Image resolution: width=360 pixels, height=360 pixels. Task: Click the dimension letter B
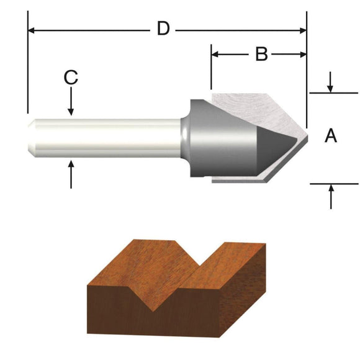[x=262, y=55]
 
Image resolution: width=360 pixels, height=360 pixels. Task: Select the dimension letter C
[x=71, y=78]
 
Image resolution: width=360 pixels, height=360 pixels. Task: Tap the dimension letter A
[x=331, y=135]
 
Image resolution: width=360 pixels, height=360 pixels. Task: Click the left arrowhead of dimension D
[x=31, y=29]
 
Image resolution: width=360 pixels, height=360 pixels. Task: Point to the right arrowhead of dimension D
[x=303, y=29]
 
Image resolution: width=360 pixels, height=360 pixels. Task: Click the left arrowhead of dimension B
[x=215, y=55]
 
